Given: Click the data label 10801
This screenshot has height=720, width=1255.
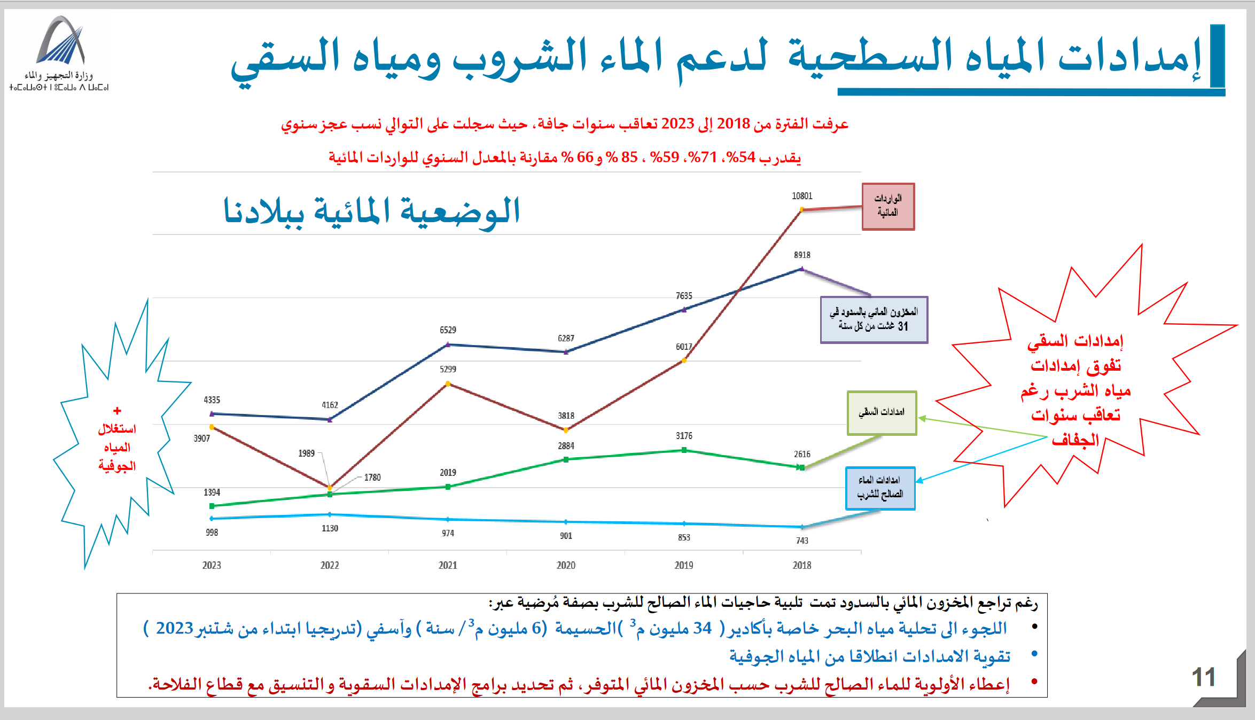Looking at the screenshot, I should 802,196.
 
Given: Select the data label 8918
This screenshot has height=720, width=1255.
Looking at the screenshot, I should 802,255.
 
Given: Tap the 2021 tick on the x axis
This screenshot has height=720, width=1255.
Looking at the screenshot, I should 448,565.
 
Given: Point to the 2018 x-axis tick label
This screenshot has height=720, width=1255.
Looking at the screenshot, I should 802,565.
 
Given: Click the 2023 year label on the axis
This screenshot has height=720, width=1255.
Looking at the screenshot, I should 212,565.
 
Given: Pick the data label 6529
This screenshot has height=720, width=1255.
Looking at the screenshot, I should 448,330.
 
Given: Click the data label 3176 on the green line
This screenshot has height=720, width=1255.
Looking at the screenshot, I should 684,436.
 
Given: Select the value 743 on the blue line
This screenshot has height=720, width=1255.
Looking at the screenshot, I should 802,541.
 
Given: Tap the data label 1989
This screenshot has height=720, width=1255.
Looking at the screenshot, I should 306,453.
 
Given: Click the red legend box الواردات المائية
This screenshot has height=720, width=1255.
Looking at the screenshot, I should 888,206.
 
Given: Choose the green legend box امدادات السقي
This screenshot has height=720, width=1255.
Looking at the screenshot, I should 882,413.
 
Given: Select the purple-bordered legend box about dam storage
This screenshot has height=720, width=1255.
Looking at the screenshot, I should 874,319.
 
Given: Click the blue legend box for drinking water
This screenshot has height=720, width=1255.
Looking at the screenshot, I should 880,488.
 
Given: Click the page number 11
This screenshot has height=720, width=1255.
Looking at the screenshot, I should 1203,677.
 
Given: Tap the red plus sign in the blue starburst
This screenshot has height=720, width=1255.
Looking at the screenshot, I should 117,411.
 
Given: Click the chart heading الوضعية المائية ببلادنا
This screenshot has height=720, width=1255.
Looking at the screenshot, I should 371,211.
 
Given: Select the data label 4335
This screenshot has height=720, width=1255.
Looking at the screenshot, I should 212,400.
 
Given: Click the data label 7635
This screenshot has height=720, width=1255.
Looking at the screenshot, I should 684,296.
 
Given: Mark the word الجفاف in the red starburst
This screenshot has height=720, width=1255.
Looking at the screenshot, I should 1075,440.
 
